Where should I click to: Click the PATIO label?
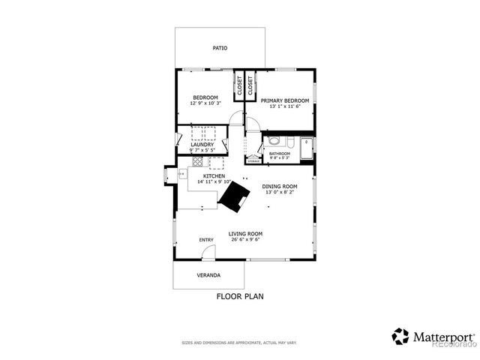[x=220, y=48]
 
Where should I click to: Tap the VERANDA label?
[x=208, y=275]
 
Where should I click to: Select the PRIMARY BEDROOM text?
[x=286, y=100]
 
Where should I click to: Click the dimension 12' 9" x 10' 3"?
[x=205, y=105]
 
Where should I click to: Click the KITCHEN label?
[x=214, y=176]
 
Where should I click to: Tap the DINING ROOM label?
[x=280, y=186]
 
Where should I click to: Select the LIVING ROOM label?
[x=245, y=234]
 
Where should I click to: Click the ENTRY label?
[x=206, y=240]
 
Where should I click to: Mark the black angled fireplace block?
[x=235, y=196]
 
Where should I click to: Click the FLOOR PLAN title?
[x=240, y=296]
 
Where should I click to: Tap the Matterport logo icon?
[x=400, y=337]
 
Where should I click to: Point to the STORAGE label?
[x=253, y=160]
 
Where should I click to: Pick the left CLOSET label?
[x=240, y=85]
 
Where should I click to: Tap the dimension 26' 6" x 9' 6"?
[x=245, y=241]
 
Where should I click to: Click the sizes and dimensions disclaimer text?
[x=239, y=343]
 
